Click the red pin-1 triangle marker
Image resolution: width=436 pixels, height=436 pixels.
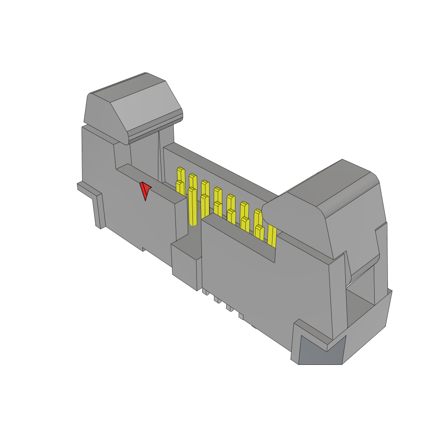coord(145,191)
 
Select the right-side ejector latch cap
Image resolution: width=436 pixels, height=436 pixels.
coord(324,204)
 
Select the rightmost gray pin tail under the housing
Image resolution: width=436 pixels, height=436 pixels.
coord(241,316)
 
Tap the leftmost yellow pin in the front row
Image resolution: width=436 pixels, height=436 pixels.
coord(179,187)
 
